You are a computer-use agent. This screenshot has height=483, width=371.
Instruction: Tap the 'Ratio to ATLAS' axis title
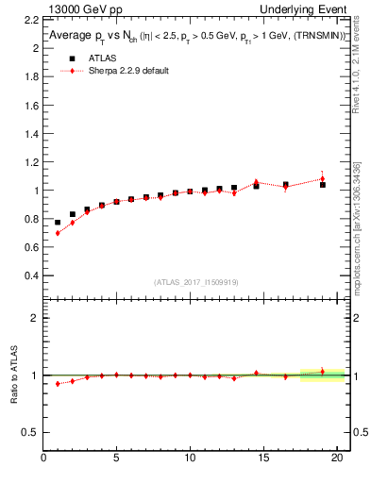coord(14,375)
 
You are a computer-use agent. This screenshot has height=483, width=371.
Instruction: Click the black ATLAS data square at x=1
coord(59,223)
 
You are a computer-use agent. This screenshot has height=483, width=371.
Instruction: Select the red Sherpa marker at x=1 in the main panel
coord(59,233)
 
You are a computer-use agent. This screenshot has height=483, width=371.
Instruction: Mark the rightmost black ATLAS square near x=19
coord(323,185)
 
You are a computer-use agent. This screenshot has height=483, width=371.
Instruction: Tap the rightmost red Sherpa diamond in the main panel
coord(323,178)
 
